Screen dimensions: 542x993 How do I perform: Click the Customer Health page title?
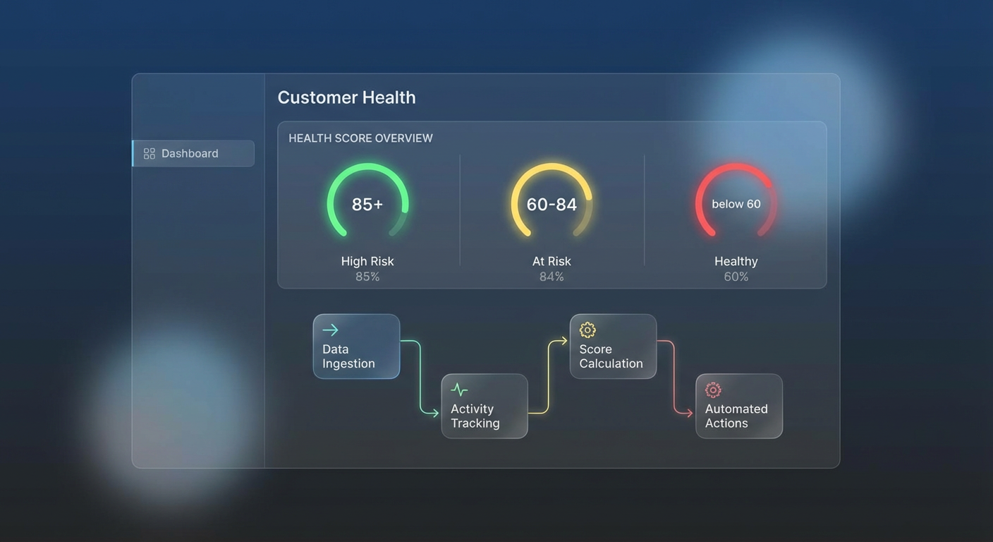click(346, 97)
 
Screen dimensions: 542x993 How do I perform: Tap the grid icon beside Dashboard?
click(150, 153)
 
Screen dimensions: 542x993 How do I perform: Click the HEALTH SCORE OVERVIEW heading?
click(360, 138)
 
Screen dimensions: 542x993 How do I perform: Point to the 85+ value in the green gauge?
click(367, 205)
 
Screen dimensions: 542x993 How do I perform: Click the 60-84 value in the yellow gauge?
click(552, 205)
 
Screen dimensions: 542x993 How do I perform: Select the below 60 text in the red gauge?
click(736, 204)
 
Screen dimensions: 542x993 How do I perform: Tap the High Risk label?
click(367, 261)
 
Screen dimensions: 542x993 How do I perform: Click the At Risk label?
click(552, 261)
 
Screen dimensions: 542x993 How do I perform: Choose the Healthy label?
click(736, 261)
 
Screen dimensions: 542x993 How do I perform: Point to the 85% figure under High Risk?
click(367, 277)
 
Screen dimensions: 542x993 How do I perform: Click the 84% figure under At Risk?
click(552, 277)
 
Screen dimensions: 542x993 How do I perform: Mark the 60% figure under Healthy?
click(736, 277)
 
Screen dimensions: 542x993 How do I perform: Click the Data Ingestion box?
click(356, 347)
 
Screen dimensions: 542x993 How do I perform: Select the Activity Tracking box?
click(485, 406)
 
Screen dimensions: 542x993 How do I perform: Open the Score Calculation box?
click(613, 347)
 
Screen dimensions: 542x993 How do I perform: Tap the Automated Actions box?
click(739, 406)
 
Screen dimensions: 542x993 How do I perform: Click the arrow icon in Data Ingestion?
click(330, 330)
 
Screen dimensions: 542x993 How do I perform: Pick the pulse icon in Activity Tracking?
click(459, 390)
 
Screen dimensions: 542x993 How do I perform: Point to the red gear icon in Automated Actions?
click(713, 390)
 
